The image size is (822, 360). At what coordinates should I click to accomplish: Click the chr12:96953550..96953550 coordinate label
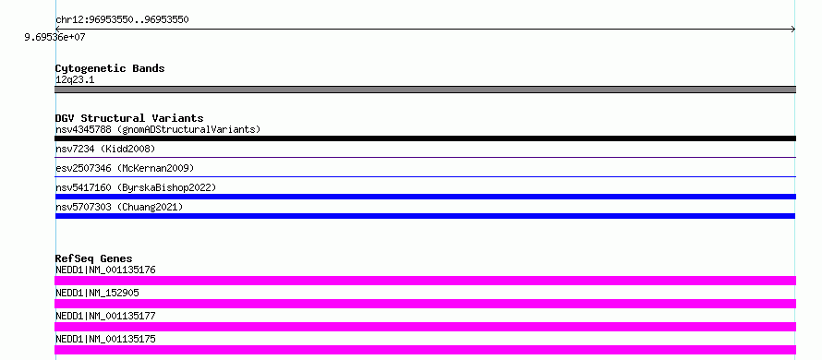(x=122, y=20)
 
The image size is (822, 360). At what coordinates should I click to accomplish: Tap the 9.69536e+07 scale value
(x=55, y=37)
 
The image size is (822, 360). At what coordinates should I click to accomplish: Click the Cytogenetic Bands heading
(x=110, y=68)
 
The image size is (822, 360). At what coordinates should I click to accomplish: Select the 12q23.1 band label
(x=75, y=80)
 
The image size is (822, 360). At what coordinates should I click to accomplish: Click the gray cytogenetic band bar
(x=425, y=90)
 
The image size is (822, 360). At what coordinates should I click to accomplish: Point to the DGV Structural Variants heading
(x=129, y=118)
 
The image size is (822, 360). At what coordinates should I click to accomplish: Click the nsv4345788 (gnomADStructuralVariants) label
(x=158, y=129)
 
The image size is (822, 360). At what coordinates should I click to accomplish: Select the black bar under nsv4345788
(x=425, y=138)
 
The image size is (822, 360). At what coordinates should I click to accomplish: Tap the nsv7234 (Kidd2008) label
(x=105, y=150)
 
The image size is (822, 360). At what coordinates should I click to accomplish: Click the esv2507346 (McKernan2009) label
(x=125, y=168)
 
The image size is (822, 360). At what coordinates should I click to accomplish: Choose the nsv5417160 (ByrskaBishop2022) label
(x=136, y=187)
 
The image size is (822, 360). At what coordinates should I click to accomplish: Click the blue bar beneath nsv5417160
(x=425, y=197)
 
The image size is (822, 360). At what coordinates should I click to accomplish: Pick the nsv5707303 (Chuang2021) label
(x=119, y=207)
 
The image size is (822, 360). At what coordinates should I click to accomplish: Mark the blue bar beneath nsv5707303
(x=425, y=216)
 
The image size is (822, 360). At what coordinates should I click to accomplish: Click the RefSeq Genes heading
(x=94, y=258)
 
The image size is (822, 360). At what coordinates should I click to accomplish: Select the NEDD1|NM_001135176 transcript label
(x=105, y=270)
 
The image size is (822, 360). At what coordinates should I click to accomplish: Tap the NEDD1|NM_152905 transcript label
(x=97, y=293)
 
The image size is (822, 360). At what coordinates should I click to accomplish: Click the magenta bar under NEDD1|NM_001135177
(x=425, y=327)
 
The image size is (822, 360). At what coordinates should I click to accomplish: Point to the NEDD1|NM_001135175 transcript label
(x=105, y=339)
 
